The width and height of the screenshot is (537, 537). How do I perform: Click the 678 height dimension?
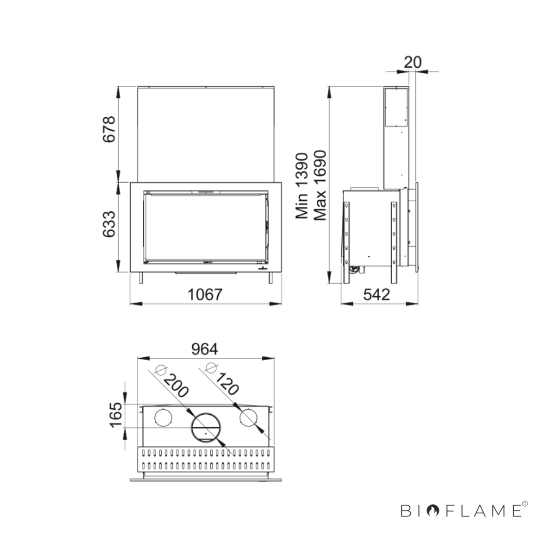point(109,129)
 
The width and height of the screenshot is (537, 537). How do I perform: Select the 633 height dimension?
point(109,224)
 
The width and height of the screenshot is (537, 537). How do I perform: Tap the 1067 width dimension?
point(205,294)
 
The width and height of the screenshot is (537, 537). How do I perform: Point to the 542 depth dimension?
point(376,294)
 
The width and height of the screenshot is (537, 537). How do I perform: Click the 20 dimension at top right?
point(413,62)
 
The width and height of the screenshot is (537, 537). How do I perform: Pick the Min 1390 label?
point(302,186)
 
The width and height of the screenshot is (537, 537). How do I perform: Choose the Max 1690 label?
point(320,186)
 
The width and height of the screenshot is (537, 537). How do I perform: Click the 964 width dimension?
point(205,349)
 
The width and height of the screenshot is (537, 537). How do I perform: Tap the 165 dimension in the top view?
point(116,415)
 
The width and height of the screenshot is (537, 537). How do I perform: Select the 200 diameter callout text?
point(176,386)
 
